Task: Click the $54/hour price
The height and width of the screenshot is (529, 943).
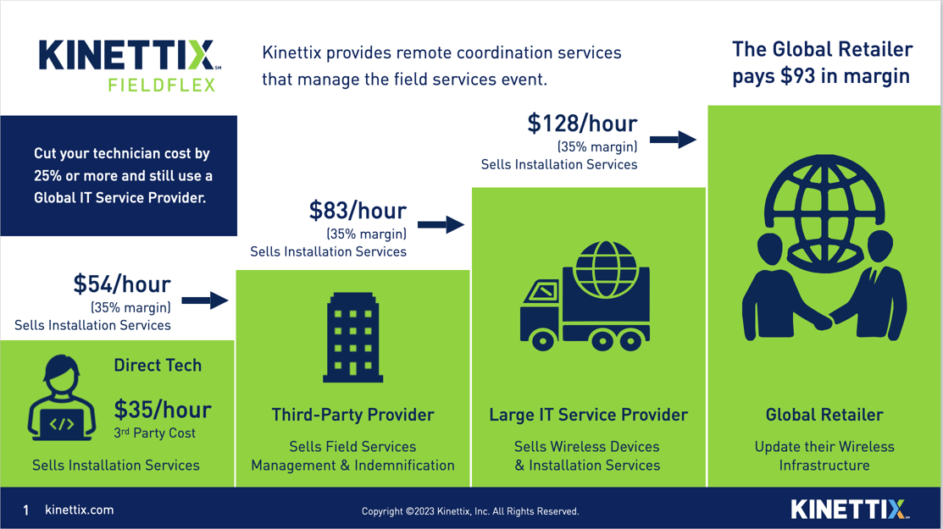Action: coord(122,284)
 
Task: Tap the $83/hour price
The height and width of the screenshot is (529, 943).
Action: coord(358,211)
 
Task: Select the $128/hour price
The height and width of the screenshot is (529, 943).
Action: coord(582,124)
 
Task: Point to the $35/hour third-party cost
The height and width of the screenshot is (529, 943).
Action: coord(163,411)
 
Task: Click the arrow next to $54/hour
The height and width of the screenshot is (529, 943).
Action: coord(205,300)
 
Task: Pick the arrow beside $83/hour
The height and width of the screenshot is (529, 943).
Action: coord(441,224)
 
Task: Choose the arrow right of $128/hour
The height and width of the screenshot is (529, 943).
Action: coord(673,140)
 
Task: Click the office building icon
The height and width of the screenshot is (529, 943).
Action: coord(352,338)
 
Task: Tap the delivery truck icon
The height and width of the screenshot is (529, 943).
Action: coord(585,296)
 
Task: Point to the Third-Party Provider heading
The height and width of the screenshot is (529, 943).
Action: coord(352,415)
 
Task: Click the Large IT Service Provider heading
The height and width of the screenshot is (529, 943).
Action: coord(588,415)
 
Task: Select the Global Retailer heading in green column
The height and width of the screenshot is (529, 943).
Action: coord(824,415)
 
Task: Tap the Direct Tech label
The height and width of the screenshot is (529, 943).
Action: coord(158,366)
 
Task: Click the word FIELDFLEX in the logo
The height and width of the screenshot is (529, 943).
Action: coord(162,85)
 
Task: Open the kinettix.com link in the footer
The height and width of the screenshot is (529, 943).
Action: coord(79,510)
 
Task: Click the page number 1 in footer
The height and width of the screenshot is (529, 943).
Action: coord(26,510)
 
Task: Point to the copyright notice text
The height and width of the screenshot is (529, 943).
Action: coord(470,511)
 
